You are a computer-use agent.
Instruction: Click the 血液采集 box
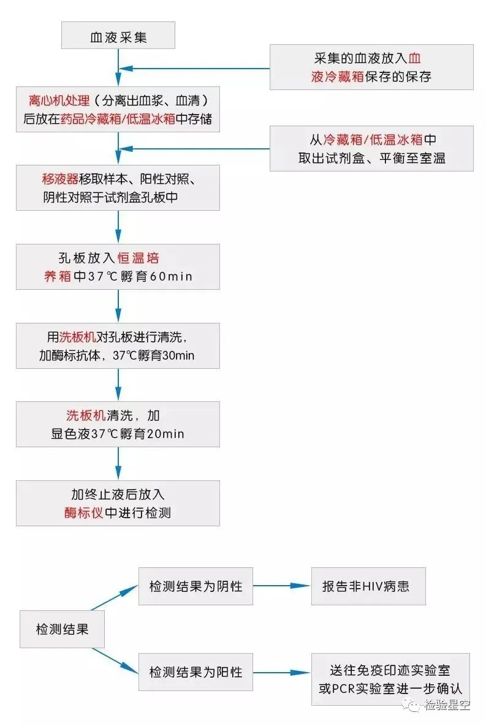coord(118,35)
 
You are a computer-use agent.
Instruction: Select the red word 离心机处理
coord(59,100)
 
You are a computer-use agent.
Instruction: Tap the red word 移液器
coord(60,179)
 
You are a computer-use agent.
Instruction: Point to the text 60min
coord(171,276)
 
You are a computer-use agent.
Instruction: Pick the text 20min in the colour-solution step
coord(165,434)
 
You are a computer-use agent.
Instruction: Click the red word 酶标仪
coord(84,513)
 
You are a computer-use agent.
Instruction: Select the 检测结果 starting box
coord(62,629)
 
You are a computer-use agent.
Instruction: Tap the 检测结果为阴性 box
coord(196,586)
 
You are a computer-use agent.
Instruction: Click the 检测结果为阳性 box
coord(196,672)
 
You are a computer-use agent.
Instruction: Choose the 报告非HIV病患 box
coord(368,586)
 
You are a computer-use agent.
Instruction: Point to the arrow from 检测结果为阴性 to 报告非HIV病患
coord(282,586)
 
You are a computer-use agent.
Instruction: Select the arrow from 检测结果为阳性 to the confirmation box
coord(282,672)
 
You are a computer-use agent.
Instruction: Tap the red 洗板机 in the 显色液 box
coord(86,415)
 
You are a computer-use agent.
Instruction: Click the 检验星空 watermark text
coord(447,705)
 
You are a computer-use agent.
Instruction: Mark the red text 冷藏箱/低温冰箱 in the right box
coord(373,139)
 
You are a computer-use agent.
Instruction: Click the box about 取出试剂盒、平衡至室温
coord(371,149)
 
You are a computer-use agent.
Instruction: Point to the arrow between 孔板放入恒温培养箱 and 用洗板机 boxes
coord(118,306)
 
